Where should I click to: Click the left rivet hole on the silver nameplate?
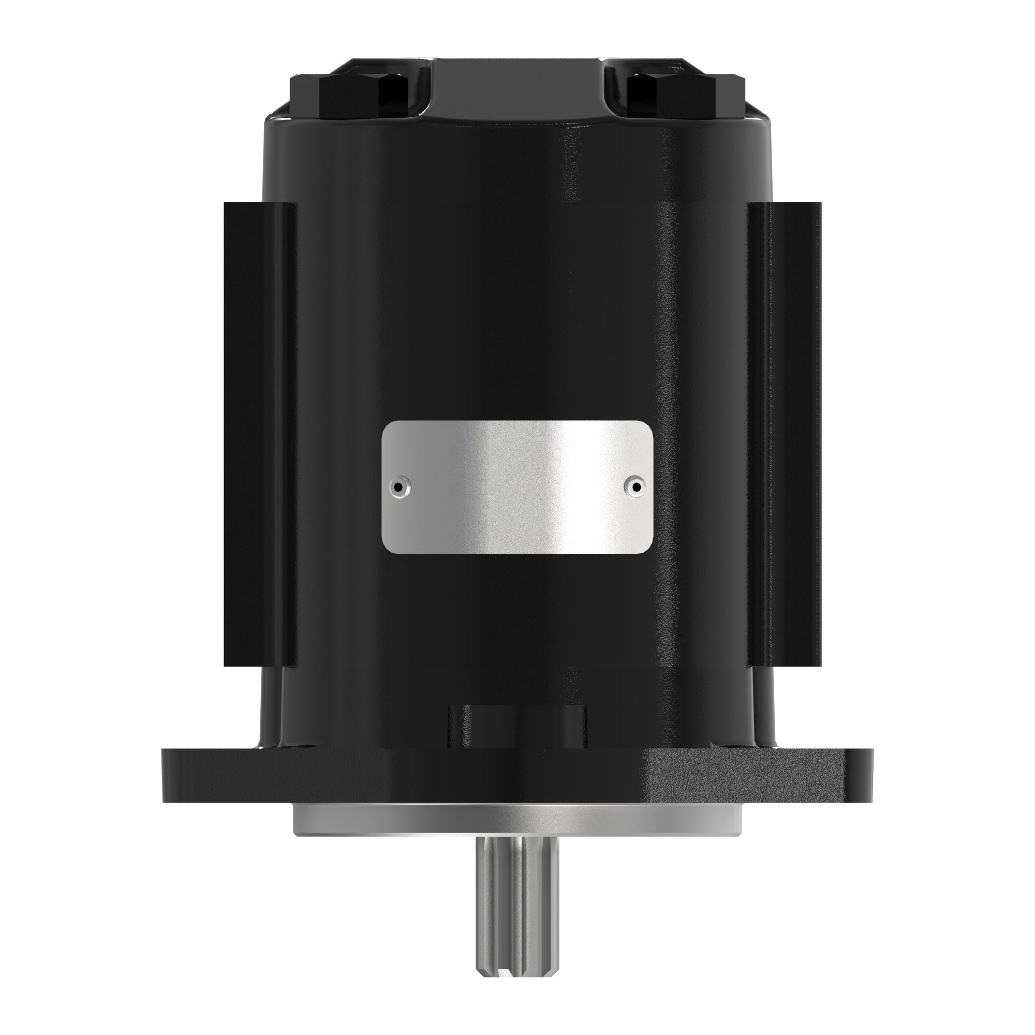coord(398,487)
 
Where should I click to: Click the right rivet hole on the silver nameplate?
coord(635,487)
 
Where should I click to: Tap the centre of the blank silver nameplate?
coord(517,487)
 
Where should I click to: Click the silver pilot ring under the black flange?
coord(517,822)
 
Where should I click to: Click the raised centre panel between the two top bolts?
coord(517,88)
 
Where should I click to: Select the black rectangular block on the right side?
coord(785,434)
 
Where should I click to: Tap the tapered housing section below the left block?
coord(273,707)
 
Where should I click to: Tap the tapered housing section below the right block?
coord(761,707)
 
